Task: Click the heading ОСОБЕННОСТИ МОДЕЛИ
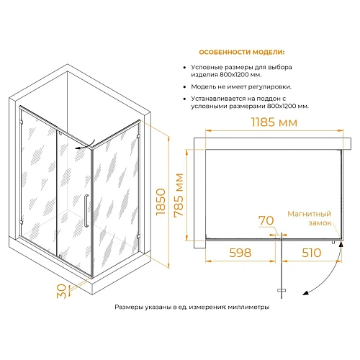pos(241,53)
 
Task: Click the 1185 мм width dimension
pos(274,122)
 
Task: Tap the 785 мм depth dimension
pos(179,195)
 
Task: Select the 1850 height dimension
pos(161,202)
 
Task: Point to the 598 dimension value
pos(240,253)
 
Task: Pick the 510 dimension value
pos(311,253)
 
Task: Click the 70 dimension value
pos(266,220)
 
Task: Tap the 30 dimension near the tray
pos(61,291)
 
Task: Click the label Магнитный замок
pos(309,218)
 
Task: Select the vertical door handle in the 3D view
pos(86,211)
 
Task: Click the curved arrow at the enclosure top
pos(86,145)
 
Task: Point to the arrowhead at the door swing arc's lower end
pos(305,293)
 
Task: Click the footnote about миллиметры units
pos(192,307)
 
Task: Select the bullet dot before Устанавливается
pos(184,99)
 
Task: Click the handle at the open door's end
pos(282,290)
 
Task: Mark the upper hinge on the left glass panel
pos(22,122)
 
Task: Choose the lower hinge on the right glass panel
pos(138,236)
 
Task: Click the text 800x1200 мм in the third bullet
pos(288,106)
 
